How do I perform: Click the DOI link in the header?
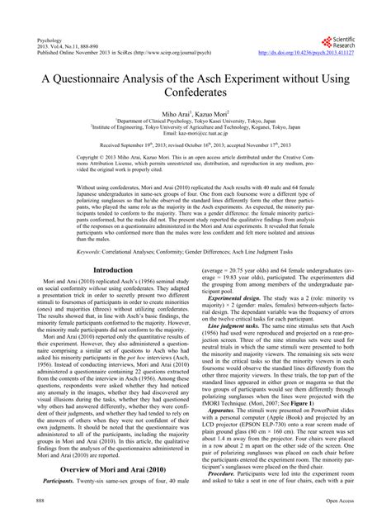312,51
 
